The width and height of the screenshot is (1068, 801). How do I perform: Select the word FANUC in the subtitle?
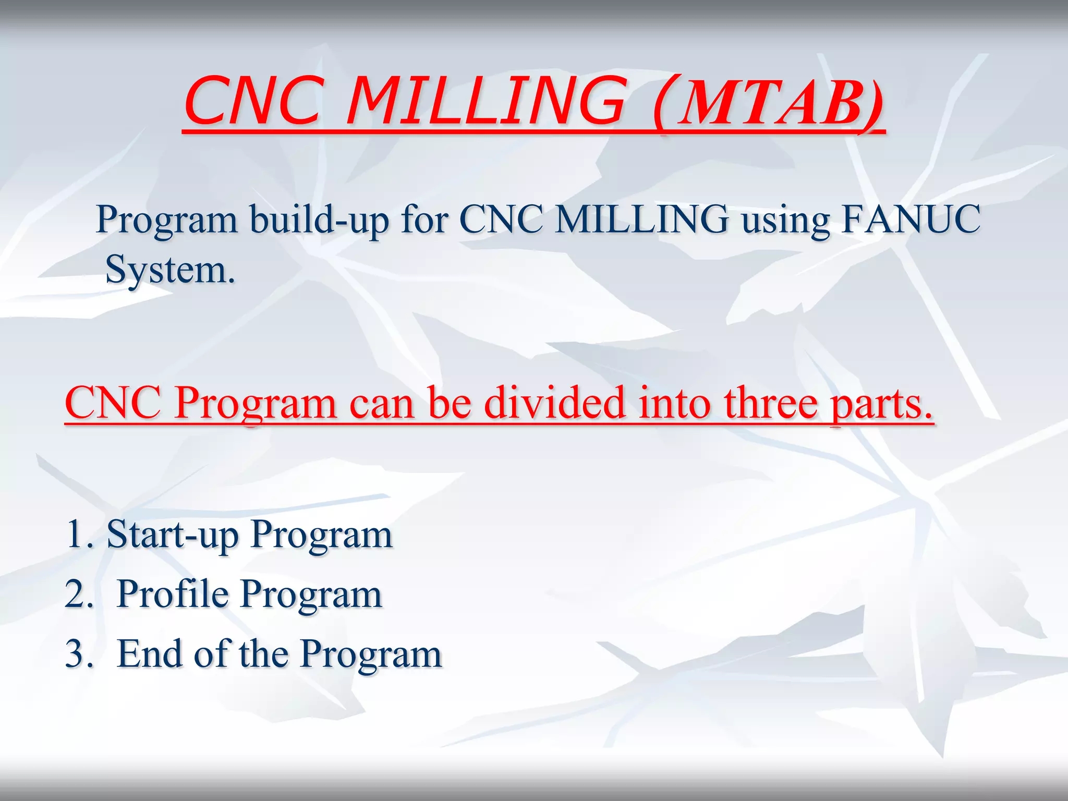click(x=911, y=219)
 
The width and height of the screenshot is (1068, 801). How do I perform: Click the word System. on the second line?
click(x=170, y=270)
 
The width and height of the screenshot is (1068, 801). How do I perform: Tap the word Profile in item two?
click(x=172, y=594)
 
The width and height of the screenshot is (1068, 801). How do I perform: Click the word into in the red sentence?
click(x=674, y=403)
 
